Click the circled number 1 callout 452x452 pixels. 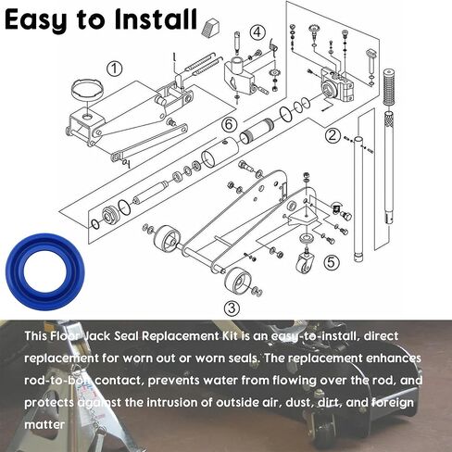(114, 69)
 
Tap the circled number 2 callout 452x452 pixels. (332, 135)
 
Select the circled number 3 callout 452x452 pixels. (232, 308)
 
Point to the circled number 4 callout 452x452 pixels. (257, 32)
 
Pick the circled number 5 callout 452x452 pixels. (331, 262)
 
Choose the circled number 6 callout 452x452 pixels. (229, 125)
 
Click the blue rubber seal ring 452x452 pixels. (44, 271)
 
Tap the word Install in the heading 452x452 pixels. (156, 19)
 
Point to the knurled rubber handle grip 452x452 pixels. (388, 87)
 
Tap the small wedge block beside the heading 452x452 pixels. (210, 26)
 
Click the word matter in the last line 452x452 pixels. (44, 424)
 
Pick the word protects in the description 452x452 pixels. (49, 403)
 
